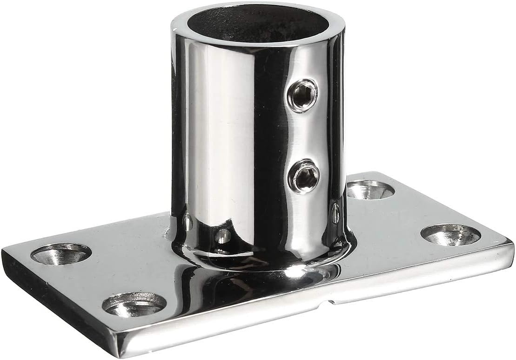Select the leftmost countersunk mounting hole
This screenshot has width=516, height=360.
[x=61, y=254]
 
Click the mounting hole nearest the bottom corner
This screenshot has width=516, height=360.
[x=134, y=305]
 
